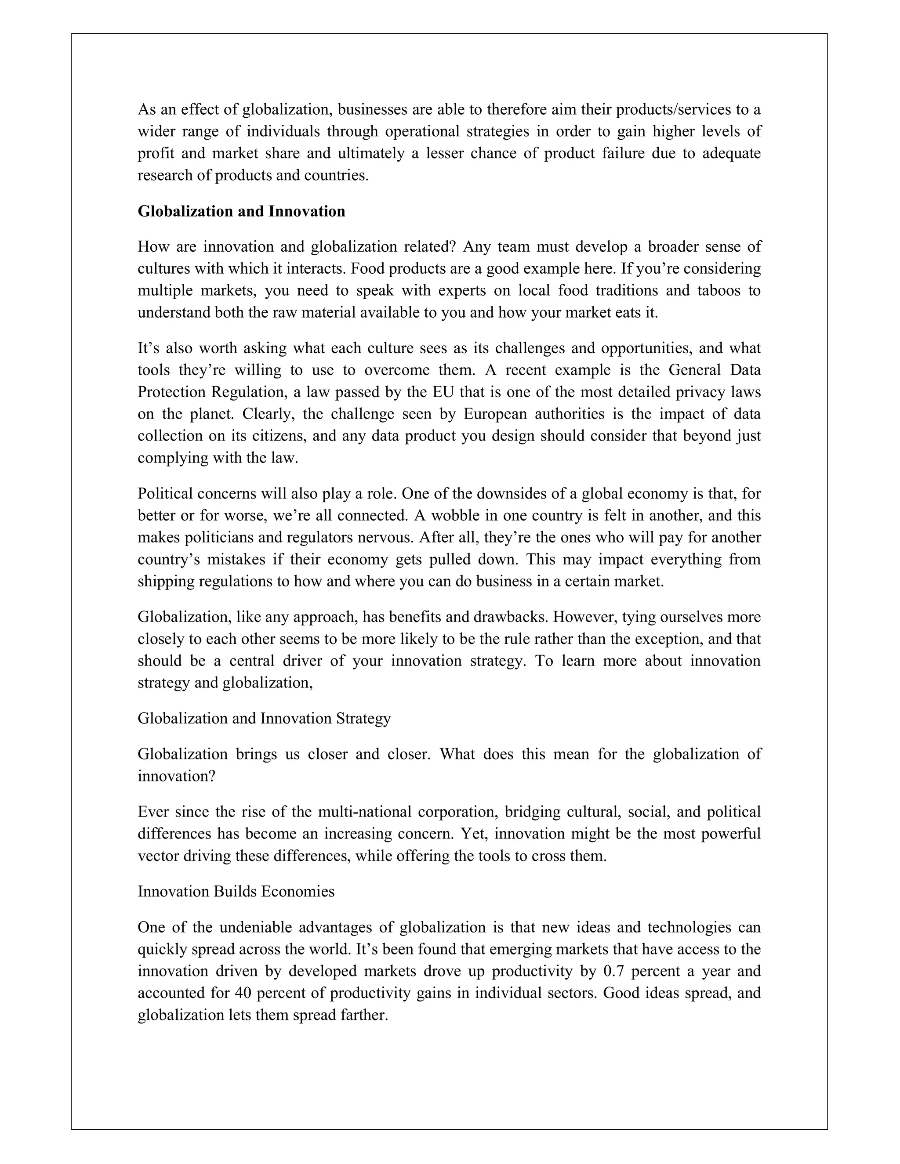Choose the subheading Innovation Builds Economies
236,891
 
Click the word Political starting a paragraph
165,494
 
